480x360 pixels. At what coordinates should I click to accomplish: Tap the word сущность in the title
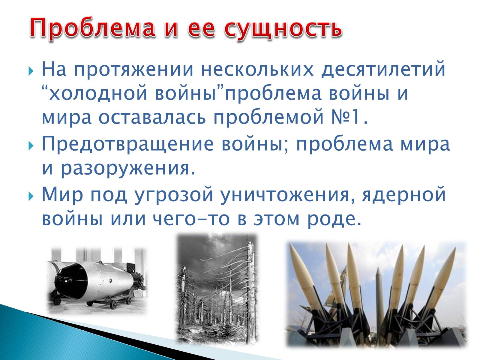(283, 28)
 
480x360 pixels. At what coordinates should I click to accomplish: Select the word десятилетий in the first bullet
(383, 70)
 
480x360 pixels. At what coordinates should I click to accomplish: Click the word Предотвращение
(128, 144)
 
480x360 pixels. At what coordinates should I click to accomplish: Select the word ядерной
(404, 194)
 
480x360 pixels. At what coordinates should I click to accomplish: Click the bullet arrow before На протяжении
(31, 71)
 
